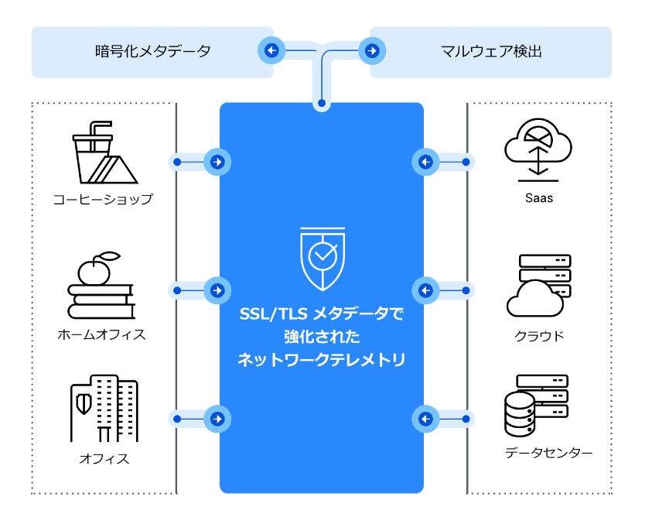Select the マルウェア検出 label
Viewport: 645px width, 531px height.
pos(491,53)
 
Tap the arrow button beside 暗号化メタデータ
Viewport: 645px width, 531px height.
pos(271,52)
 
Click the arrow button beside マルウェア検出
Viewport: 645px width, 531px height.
pos(373,52)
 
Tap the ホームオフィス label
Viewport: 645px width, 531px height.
pos(101,335)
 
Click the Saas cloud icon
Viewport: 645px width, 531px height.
pos(538,141)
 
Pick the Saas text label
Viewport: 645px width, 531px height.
pos(538,198)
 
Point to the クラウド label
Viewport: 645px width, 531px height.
pos(539,336)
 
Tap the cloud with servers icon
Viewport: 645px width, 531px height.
pos(539,286)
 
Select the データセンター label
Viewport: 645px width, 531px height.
pos(548,453)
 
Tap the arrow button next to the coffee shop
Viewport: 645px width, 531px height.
pos(218,163)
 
